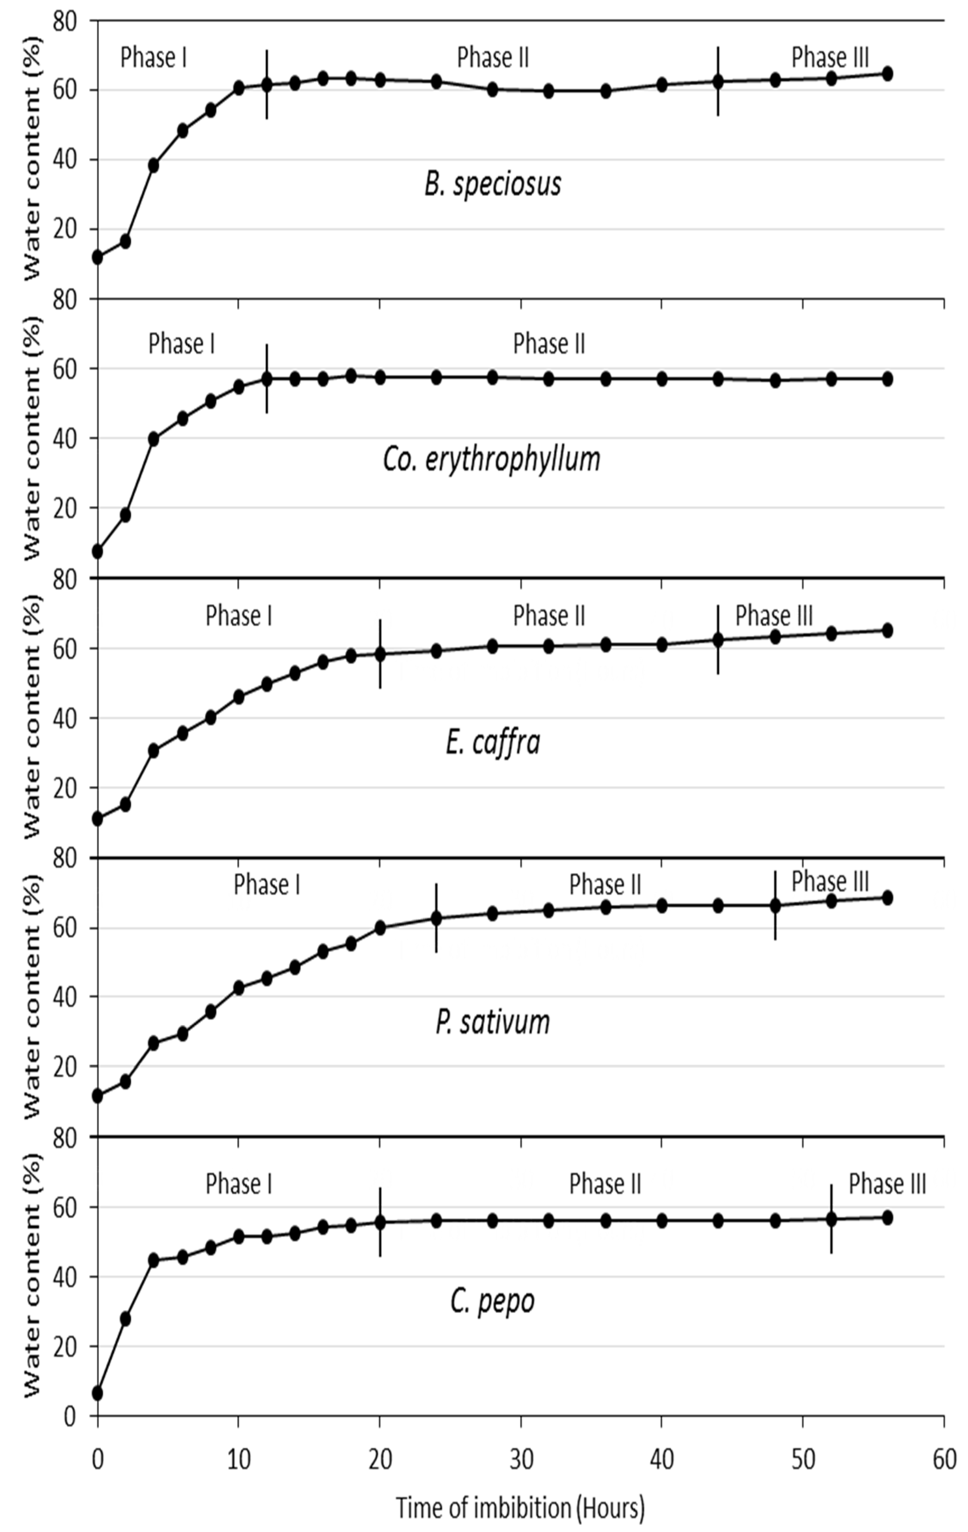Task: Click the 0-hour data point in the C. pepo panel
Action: tap(97, 1394)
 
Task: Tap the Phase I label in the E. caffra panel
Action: tap(239, 616)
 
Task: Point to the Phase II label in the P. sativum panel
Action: tap(605, 884)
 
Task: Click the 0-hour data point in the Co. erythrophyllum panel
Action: tap(97, 552)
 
